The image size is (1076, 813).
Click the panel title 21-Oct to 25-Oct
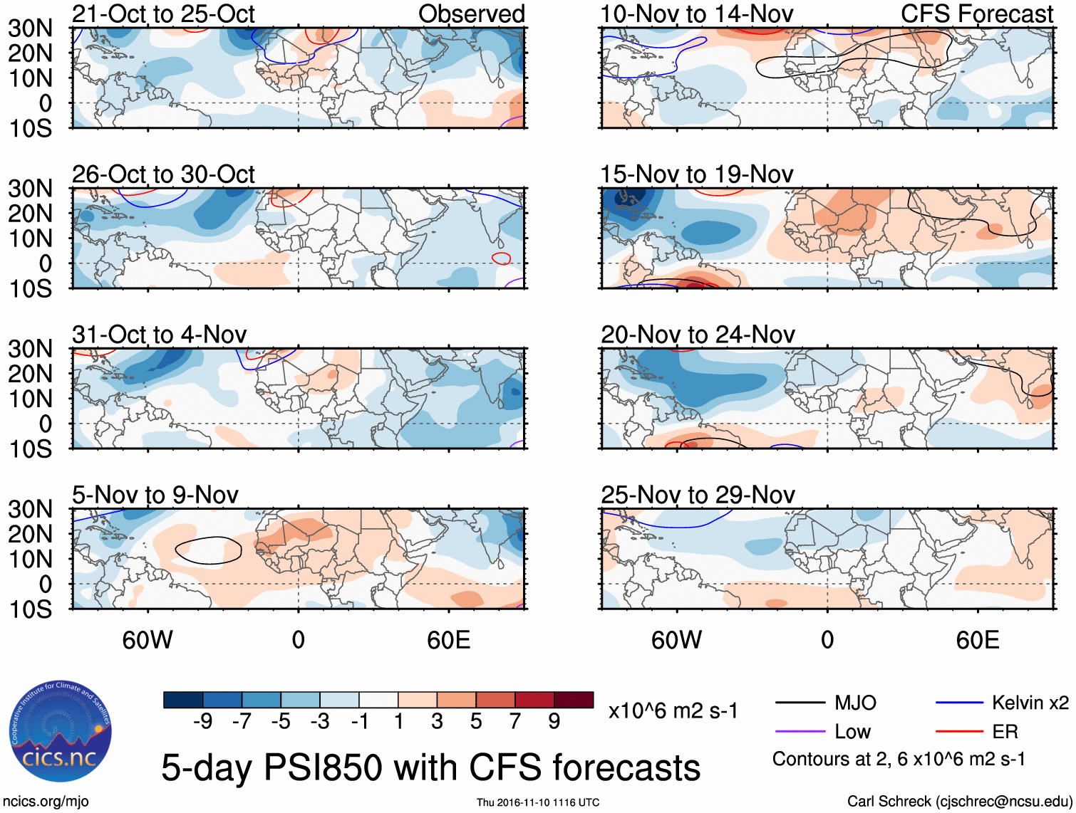coord(163,14)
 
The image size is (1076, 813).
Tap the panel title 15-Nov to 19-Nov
coord(696,174)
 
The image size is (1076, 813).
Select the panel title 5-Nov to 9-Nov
coord(155,495)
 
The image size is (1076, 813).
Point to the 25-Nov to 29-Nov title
coord(697,495)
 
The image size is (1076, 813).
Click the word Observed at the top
coord(471,14)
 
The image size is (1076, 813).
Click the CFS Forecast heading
coord(976,14)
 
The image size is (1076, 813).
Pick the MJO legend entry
coord(855,703)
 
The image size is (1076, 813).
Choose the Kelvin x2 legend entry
coord(1030,703)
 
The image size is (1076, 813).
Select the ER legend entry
coord(1005,732)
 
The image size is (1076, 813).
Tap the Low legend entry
coord(852,732)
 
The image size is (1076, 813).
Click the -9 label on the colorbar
coord(202,722)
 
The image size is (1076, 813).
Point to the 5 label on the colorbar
coord(476,722)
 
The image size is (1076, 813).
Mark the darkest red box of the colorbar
coord(574,700)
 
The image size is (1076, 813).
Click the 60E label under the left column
coord(448,640)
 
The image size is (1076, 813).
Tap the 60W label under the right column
coord(676,640)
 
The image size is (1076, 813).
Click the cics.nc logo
coord(61,732)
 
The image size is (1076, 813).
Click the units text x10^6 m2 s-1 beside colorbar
coord(673,711)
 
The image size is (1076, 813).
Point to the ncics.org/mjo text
coord(46,802)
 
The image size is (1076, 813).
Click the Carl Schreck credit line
coord(959,802)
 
